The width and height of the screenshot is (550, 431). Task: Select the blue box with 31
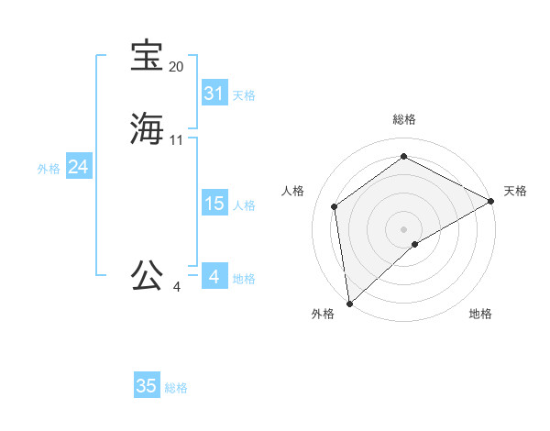click(x=214, y=94)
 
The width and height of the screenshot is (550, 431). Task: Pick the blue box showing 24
click(x=79, y=167)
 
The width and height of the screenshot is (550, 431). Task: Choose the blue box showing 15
click(x=214, y=204)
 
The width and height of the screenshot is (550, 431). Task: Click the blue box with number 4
click(x=214, y=276)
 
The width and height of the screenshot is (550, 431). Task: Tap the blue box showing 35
click(x=147, y=386)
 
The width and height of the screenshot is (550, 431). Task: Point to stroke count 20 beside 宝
click(x=176, y=67)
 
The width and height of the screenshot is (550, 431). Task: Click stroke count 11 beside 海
click(x=176, y=140)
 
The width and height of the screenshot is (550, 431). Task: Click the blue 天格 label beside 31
click(x=244, y=95)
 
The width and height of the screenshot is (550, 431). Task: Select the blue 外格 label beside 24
click(x=49, y=169)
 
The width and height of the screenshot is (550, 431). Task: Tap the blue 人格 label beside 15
click(x=244, y=205)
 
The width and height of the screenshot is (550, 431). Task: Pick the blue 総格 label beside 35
click(x=176, y=388)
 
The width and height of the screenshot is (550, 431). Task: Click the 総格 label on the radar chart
click(x=404, y=119)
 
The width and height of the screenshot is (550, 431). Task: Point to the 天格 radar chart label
click(x=515, y=191)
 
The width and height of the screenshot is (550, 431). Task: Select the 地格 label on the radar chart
click(x=480, y=314)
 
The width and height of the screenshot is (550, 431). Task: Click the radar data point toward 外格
click(x=349, y=304)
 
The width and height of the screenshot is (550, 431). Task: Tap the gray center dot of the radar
click(x=404, y=228)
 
